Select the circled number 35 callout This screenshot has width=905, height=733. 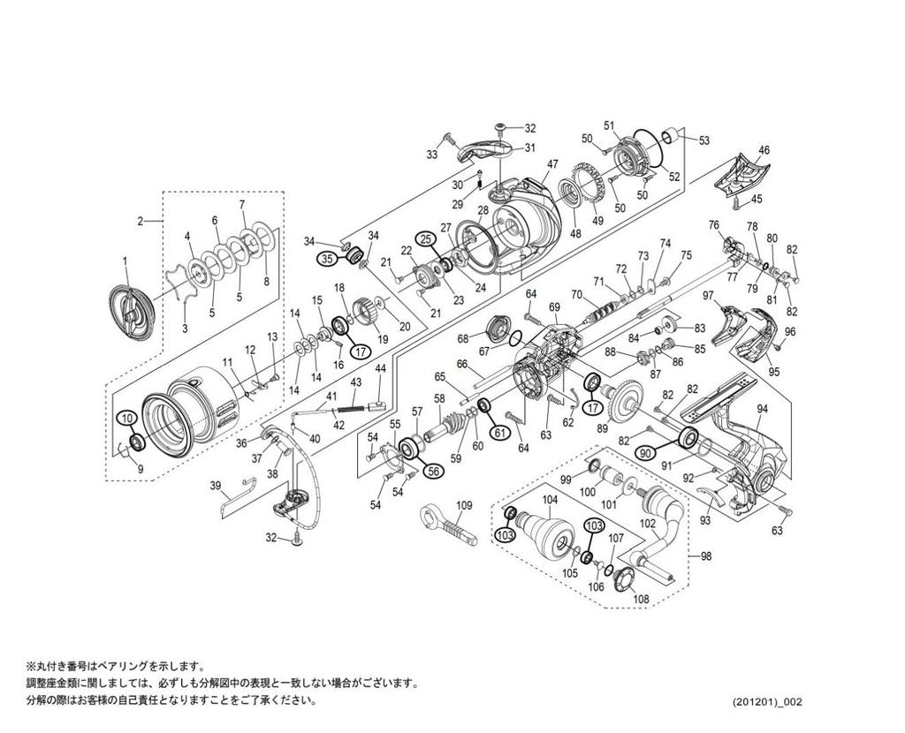(326, 259)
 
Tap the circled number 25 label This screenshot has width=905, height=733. (425, 238)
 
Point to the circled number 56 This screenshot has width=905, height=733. (434, 472)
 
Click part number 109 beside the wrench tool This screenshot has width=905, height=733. (465, 505)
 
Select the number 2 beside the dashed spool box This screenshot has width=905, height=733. (140, 221)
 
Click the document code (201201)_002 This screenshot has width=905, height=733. (767, 702)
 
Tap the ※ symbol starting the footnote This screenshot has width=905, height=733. (31, 666)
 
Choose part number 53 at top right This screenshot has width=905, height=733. (703, 140)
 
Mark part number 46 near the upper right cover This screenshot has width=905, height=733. (764, 150)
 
